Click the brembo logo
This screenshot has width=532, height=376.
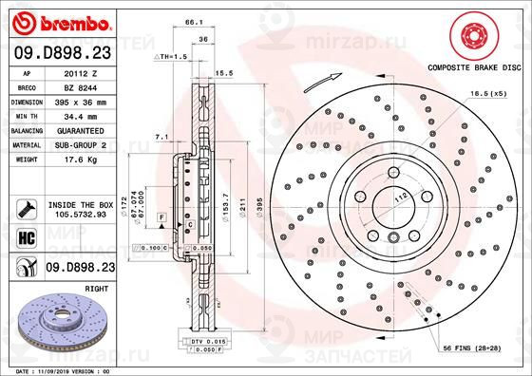[60, 21]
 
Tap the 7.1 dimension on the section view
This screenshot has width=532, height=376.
[161, 138]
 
